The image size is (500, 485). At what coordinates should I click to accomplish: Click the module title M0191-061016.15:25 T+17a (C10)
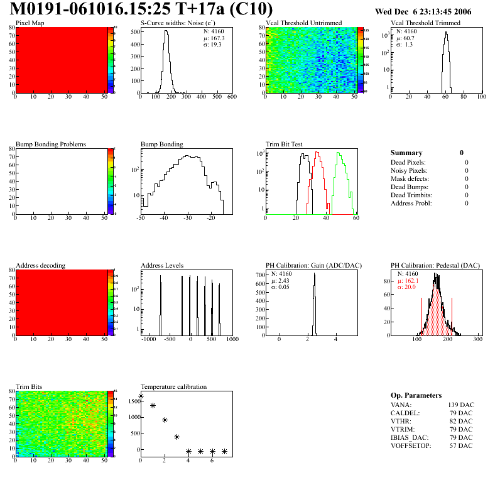(x=142, y=9)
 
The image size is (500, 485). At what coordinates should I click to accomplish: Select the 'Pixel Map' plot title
(x=30, y=23)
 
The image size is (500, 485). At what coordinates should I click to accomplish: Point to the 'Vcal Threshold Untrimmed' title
(x=303, y=23)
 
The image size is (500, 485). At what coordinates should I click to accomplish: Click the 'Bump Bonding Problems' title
(x=50, y=144)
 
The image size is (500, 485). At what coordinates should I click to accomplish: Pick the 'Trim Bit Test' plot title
(x=284, y=144)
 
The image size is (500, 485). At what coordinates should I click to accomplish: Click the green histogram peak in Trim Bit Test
(x=339, y=154)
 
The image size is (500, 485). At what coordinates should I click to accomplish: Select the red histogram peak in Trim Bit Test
(x=318, y=153)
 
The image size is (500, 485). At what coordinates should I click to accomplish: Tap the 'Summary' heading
(x=406, y=153)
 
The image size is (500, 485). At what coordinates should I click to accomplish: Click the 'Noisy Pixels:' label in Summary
(x=409, y=170)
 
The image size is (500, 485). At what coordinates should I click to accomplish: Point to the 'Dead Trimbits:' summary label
(x=411, y=195)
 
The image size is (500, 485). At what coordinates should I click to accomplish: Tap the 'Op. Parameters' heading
(x=416, y=395)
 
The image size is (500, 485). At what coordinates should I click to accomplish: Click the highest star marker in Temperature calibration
(x=141, y=396)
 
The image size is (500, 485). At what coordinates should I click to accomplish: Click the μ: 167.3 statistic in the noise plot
(x=214, y=38)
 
